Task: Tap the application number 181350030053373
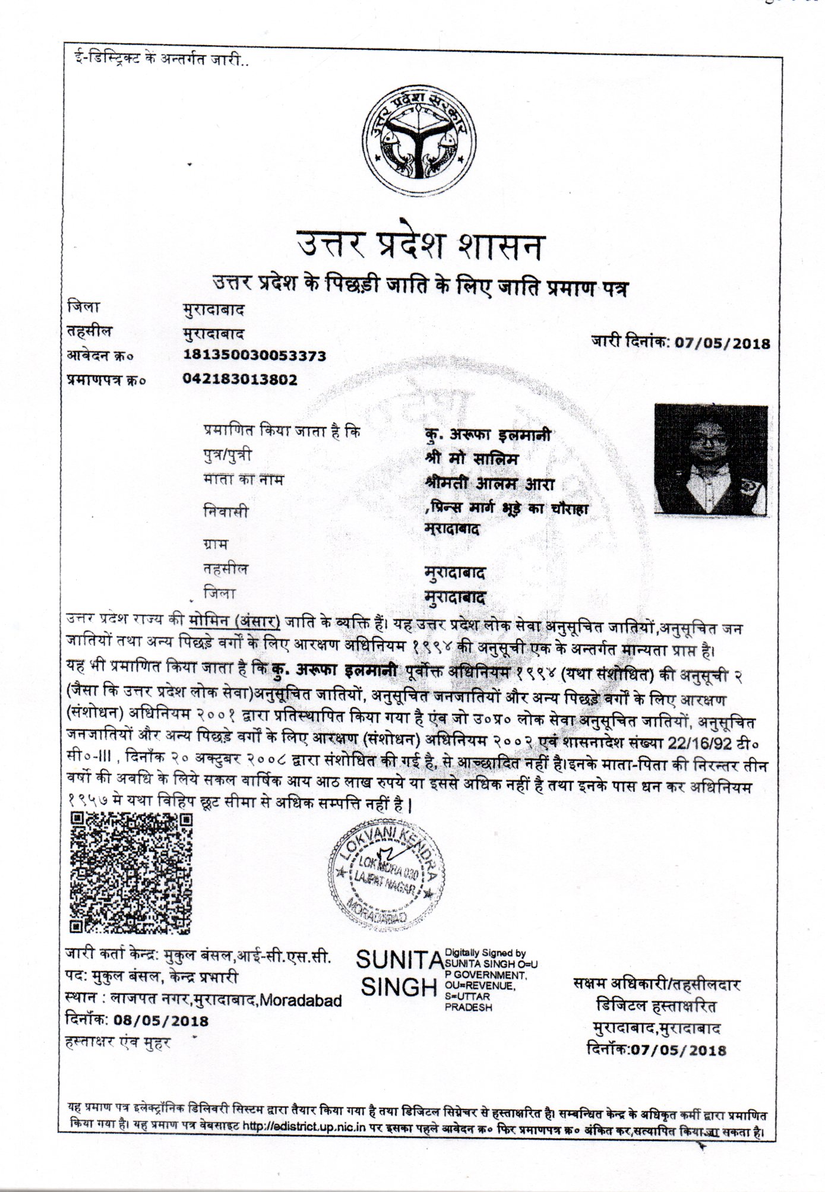pyautogui.click(x=255, y=356)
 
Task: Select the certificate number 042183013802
pyautogui.click(x=241, y=380)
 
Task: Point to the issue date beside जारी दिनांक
pyautogui.click(x=722, y=343)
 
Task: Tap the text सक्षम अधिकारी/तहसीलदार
pyautogui.click(x=657, y=984)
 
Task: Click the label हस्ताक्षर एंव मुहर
pyautogui.click(x=118, y=1042)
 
